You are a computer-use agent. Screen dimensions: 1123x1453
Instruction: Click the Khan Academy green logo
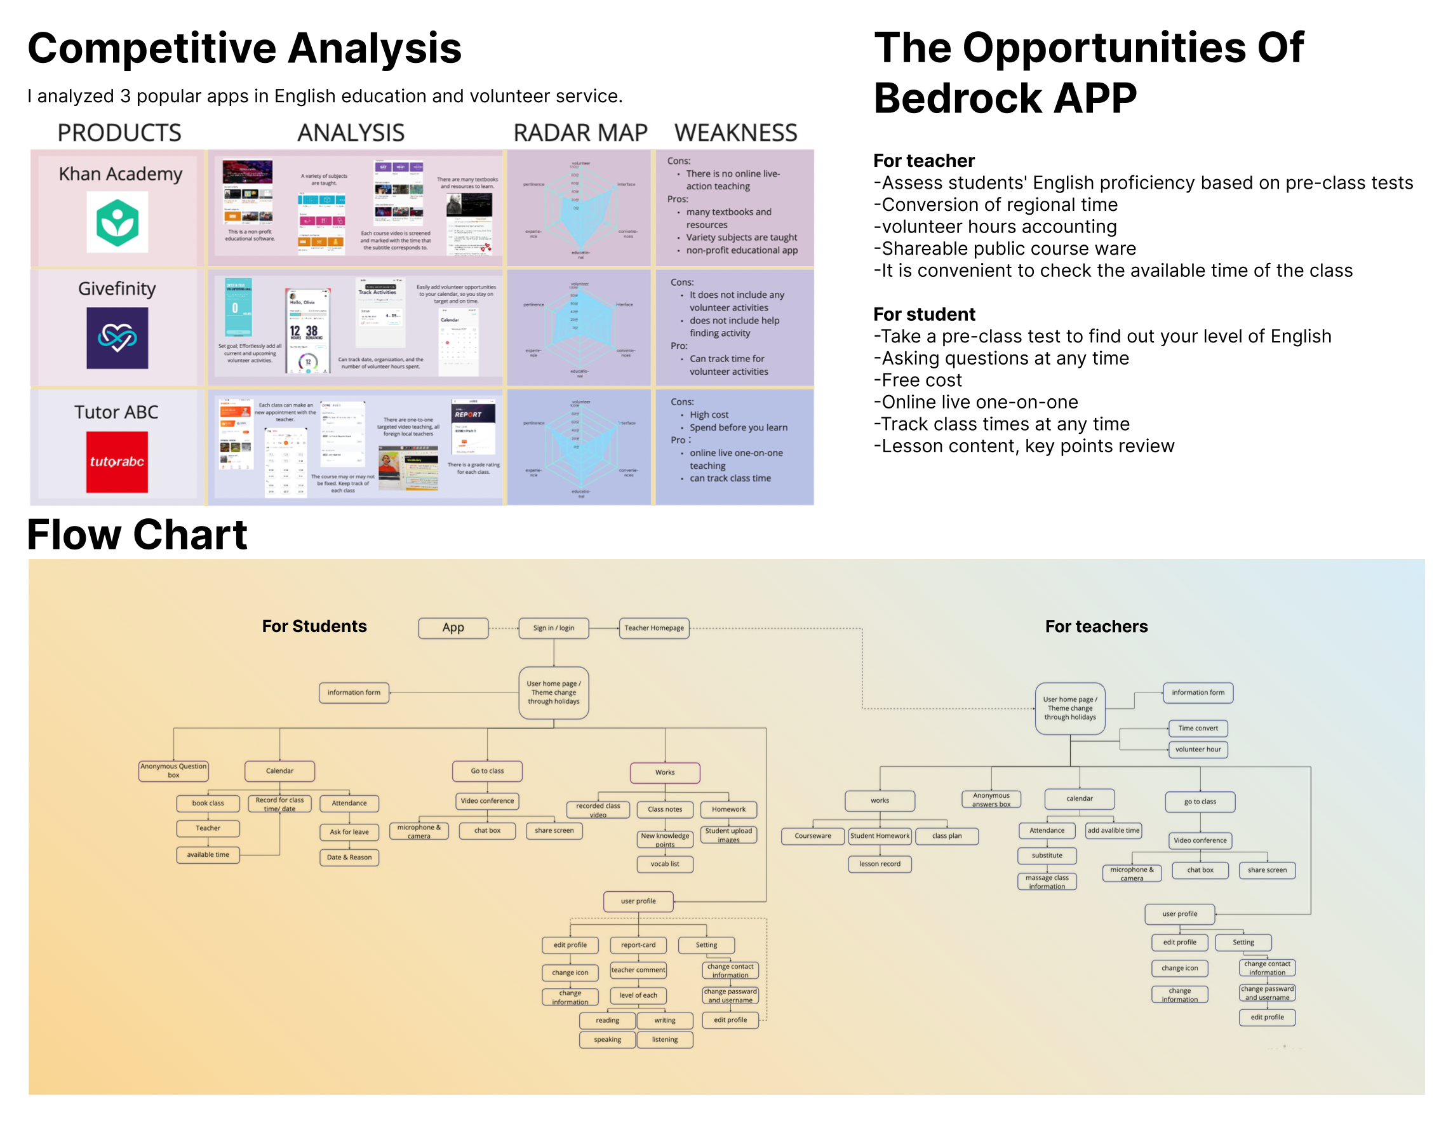tap(117, 222)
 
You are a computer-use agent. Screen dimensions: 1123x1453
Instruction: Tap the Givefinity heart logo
tap(117, 338)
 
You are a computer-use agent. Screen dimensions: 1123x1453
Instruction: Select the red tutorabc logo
tap(117, 462)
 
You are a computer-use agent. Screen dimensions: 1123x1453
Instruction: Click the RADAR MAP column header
tap(580, 133)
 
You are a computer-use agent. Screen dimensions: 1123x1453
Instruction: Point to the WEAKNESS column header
tap(736, 133)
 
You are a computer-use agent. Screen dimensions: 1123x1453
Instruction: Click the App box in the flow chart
tap(453, 628)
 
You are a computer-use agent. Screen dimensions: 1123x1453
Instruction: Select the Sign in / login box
tap(554, 628)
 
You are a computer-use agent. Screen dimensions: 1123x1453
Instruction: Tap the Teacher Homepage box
tap(654, 628)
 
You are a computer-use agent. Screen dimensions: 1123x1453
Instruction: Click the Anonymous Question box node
tap(173, 770)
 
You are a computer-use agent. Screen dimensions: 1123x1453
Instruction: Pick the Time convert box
tap(1198, 728)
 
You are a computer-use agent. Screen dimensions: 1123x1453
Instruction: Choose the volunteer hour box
tap(1198, 749)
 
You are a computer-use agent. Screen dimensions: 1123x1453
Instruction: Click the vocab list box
tap(665, 864)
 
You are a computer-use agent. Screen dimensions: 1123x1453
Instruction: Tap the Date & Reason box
tap(349, 857)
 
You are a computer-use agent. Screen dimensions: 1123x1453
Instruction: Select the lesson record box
tap(880, 864)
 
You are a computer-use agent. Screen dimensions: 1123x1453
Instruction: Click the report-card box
tap(638, 945)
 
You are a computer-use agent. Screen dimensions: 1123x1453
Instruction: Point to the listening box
tap(665, 1039)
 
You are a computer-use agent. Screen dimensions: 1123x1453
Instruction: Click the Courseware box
tap(812, 836)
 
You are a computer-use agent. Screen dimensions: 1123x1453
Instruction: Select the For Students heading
tap(314, 626)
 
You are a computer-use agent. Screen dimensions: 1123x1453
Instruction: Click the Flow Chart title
tap(137, 534)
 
